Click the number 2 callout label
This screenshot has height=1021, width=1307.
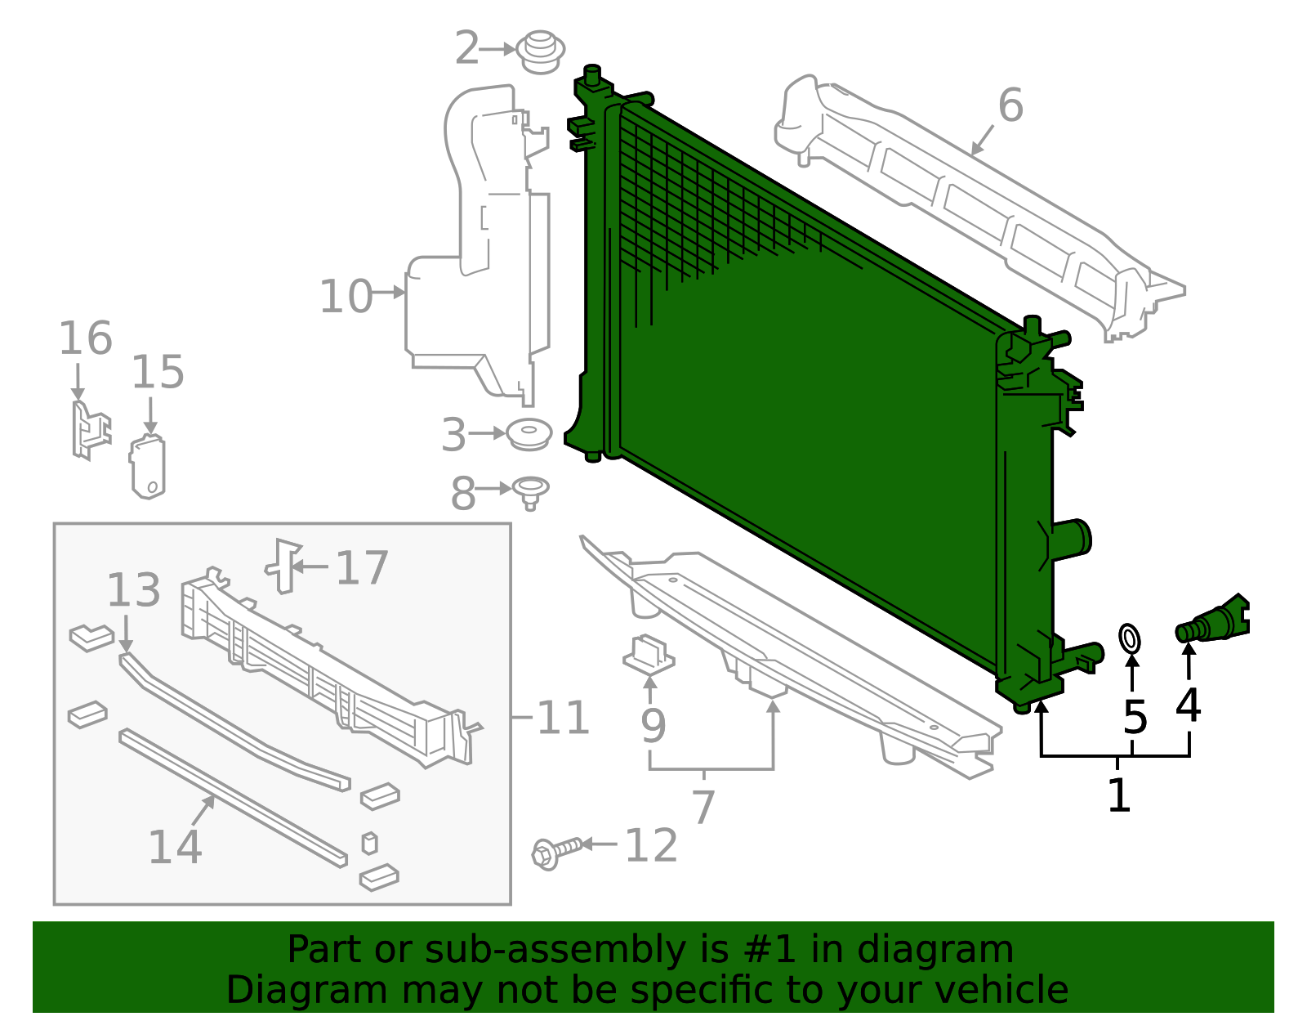pyautogui.click(x=466, y=48)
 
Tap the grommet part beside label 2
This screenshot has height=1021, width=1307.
pyautogui.click(x=541, y=51)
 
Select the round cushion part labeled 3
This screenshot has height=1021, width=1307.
pyautogui.click(x=529, y=434)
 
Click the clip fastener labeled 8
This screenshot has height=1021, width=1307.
pyautogui.click(x=530, y=490)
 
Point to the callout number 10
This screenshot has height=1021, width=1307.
pyautogui.click(x=346, y=296)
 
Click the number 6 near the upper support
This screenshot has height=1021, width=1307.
pyautogui.click(x=1010, y=106)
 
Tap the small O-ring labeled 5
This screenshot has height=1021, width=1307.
pyautogui.click(x=1130, y=639)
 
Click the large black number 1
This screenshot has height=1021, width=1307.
pyautogui.click(x=1118, y=795)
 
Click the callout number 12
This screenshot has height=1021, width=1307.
pyautogui.click(x=651, y=846)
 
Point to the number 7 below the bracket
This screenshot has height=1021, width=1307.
pyautogui.click(x=703, y=807)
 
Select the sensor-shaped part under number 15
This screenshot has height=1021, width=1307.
pyautogui.click(x=148, y=468)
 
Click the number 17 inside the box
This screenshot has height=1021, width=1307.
pyautogui.click(x=362, y=568)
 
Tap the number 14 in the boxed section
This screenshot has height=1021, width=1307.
pyautogui.click(x=175, y=847)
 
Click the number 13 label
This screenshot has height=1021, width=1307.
pyautogui.click(x=134, y=590)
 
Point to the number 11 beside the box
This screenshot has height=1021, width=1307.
pyautogui.click(x=563, y=719)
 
